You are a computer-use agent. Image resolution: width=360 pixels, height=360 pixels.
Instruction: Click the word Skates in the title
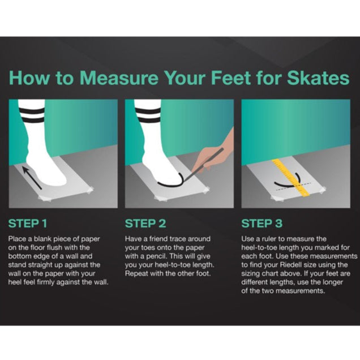point(318,78)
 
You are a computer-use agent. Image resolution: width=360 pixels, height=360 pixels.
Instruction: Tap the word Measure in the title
point(119,78)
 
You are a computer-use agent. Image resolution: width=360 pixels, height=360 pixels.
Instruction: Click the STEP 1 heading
point(28,224)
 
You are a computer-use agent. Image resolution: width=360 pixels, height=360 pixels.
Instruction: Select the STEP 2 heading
point(145,224)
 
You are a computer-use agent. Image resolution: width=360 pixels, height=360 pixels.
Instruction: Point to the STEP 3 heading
point(262,224)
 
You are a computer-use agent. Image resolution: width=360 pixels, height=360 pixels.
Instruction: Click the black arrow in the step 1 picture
point(32,178)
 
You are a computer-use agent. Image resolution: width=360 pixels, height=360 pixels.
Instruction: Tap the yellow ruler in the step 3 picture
point(290,177)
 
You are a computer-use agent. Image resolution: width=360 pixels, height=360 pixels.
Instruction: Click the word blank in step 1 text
point(42,239)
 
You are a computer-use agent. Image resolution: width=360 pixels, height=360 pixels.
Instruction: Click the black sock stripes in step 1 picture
point(32,115)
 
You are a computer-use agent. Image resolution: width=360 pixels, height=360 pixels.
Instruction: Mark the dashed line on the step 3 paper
point(293,186)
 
